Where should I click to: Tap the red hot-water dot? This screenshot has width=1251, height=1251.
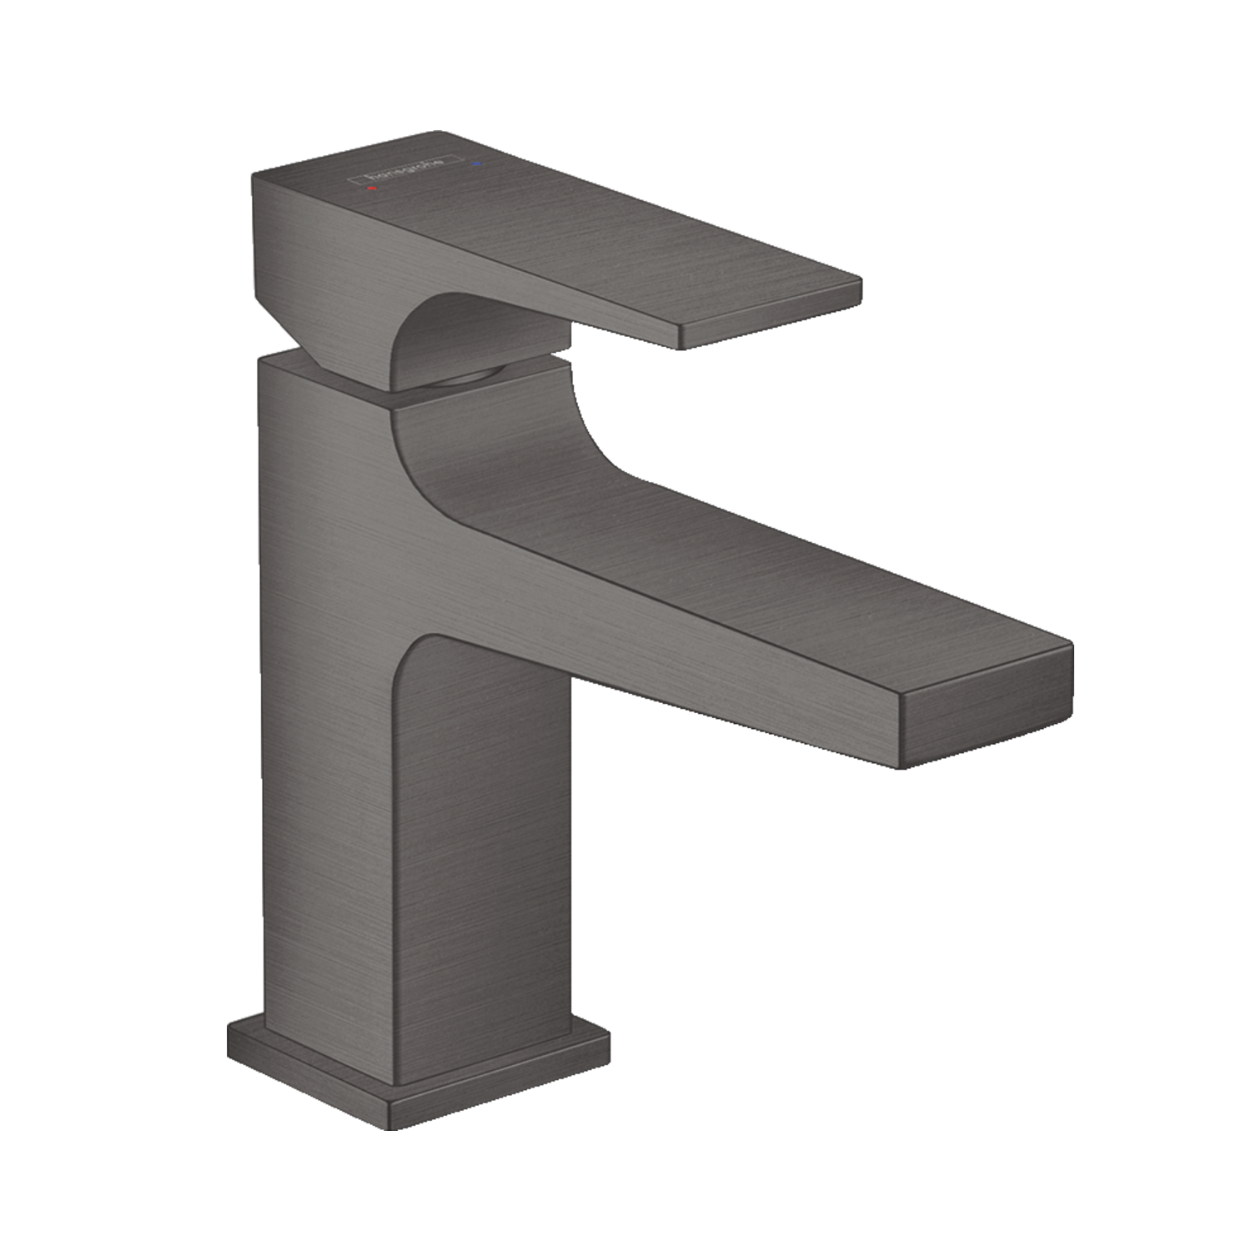pos(373,189)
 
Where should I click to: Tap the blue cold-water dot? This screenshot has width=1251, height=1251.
pos(476,164)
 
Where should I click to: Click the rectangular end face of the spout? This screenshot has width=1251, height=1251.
pos(984,718)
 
